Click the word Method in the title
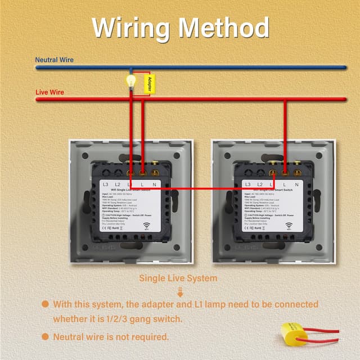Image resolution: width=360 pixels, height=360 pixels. click(x=224, y=27)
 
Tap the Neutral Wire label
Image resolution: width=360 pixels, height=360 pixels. click(x=54, y=60)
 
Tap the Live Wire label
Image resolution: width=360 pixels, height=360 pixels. click(x=49, y=92)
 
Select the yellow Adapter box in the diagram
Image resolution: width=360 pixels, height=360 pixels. click(x=148, y=84)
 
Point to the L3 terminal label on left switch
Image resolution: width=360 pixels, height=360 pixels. click(x=106, y=184)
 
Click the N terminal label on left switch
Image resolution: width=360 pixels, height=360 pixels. click(x=154, y=184)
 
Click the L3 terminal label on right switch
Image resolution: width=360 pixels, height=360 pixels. click(x=248, y=184)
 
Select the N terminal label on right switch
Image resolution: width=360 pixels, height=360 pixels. click(x=296, y=184)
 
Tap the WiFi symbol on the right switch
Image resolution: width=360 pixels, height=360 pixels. click(x=288, y=227)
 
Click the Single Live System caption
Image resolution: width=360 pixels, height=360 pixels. click(x=178, y=278)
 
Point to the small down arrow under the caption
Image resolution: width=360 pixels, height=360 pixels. click(x=180, y=291)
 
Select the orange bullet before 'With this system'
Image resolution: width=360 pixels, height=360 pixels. click(x=45, y=304)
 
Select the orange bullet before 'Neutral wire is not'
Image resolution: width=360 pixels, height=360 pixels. click(x=45, y=337)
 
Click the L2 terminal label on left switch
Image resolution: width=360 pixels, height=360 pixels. click(x=118, y=184)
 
